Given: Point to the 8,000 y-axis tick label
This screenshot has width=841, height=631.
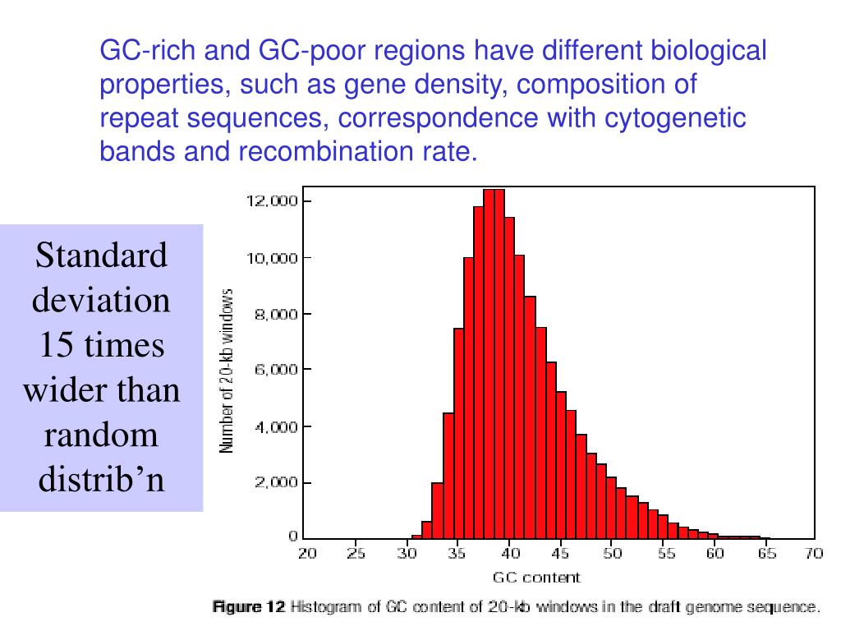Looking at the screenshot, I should [270, 314].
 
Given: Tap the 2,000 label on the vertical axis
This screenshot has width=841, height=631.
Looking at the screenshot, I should [270, 483].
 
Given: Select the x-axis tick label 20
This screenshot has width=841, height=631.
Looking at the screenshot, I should [306, 554].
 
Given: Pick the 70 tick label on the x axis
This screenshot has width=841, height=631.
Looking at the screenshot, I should [814, 554].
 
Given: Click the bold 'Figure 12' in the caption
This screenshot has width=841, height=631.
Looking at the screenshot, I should [249, 608].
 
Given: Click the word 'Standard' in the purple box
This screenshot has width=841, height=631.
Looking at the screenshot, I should [102, 256].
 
